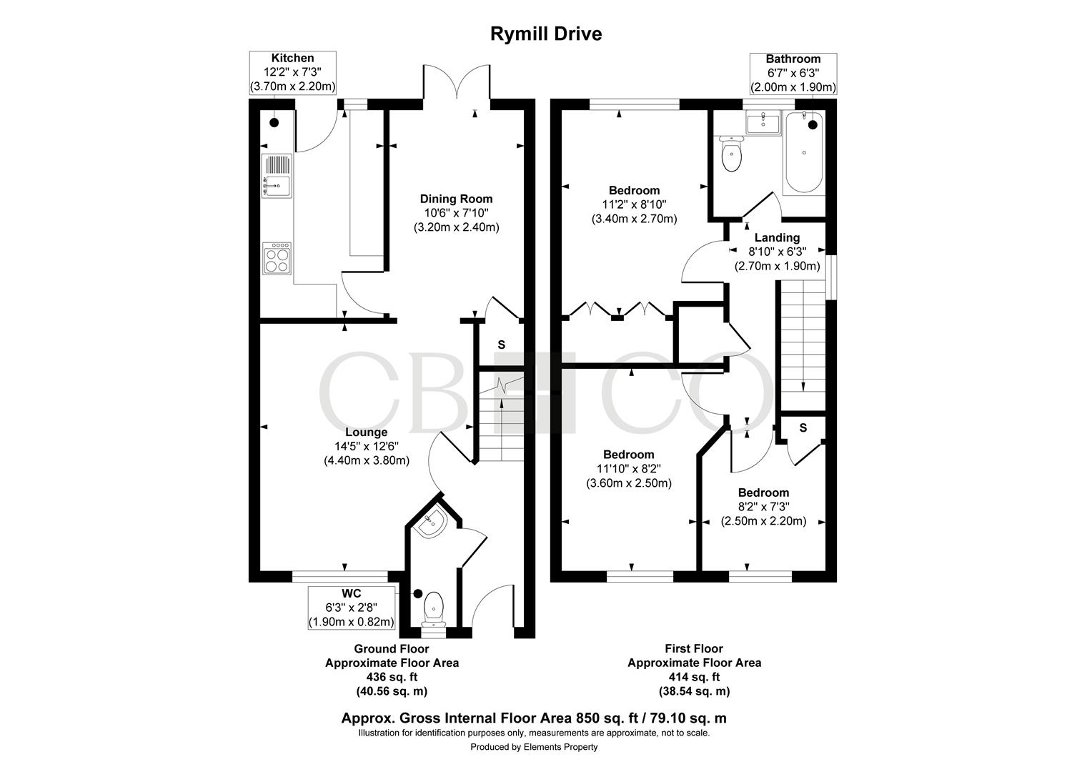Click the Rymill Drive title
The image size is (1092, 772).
tap(545, 34)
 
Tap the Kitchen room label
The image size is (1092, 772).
tap(292, 58)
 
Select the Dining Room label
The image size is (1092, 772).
tap(456, 199)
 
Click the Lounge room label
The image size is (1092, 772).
tap(367, 432)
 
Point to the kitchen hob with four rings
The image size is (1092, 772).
tap(277, 257)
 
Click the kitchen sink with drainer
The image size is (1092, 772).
tap(277, 176)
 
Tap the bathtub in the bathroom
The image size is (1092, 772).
tap(803, 153)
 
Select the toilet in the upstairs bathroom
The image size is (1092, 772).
tap(731, 154)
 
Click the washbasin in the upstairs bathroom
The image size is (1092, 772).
tap(763, 122)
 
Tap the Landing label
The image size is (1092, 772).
tap(777, 237)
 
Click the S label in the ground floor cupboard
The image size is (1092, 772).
tap(501, 345)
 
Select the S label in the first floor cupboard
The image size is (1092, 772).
tap(803, 427)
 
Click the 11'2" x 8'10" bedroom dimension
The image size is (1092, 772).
tap(635, 204)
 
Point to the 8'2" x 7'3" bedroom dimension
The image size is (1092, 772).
tap(763, 507)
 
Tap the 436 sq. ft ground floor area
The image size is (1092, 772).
tap(392, 677)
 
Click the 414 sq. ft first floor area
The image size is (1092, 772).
tap(694, 677)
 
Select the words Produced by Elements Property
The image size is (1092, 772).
tap(534, 747)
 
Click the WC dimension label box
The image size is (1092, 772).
tap(352, 608)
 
